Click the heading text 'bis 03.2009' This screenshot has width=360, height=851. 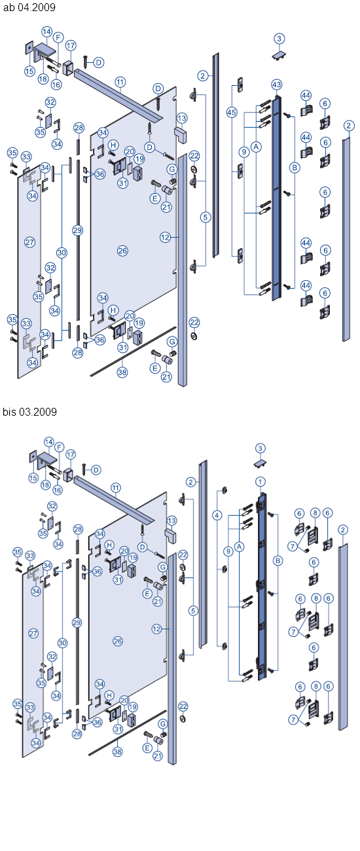[30, 412]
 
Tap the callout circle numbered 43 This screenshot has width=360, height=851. [276, 85]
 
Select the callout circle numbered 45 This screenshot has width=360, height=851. [231, 113]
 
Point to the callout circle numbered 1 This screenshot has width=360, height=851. [260, 482]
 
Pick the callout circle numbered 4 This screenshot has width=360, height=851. [217, 515]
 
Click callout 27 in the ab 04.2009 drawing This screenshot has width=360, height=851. [29, 242]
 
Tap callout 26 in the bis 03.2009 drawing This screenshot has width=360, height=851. [118, 641]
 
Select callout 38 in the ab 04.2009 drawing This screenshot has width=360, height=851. [122, 371]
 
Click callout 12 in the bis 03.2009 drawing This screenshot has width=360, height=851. [156, 628]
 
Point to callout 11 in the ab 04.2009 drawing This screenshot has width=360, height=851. [120, 82]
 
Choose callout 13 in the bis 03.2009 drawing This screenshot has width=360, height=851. [172, 520]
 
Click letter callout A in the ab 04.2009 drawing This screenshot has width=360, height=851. [256, 147]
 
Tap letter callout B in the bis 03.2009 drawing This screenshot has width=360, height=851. [278, 560]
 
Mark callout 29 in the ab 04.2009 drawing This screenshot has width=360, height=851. [77, 230]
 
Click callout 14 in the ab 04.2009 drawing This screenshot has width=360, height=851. [46, 31]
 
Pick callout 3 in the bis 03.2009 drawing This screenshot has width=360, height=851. [261, 448]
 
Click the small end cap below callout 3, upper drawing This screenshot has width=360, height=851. [279, 56]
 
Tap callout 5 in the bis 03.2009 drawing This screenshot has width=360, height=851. [192, 610]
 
